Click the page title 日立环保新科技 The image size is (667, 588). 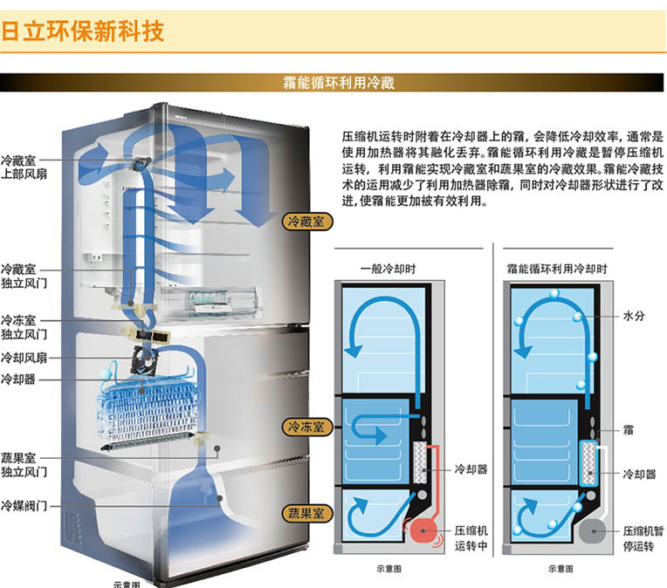[83, 31]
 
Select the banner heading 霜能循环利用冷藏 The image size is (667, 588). [339, 83]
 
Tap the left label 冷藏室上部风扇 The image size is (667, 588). [24, 168]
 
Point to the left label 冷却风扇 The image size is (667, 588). [24, 358]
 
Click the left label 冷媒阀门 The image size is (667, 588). [24, 505]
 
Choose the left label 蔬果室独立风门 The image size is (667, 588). [24, 465]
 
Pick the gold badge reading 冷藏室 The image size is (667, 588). [307, 222]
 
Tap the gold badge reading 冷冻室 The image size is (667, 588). [307, 427]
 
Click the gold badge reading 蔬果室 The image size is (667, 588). [307, 513]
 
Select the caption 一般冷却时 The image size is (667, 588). [388, 269]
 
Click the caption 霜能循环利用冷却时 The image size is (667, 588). [557, 269]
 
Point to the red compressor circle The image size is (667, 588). [423, 530]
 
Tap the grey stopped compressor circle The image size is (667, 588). [593, 531]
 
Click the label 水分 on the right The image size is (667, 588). [634, 316]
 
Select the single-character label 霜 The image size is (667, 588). [629, 430]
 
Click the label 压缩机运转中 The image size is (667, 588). [471, 537]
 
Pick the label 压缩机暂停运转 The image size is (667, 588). [643, 538]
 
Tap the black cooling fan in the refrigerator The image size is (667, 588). [144, 360]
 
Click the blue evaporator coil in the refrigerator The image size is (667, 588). [148, 408]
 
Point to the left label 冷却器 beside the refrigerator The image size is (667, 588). [17, 379]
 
